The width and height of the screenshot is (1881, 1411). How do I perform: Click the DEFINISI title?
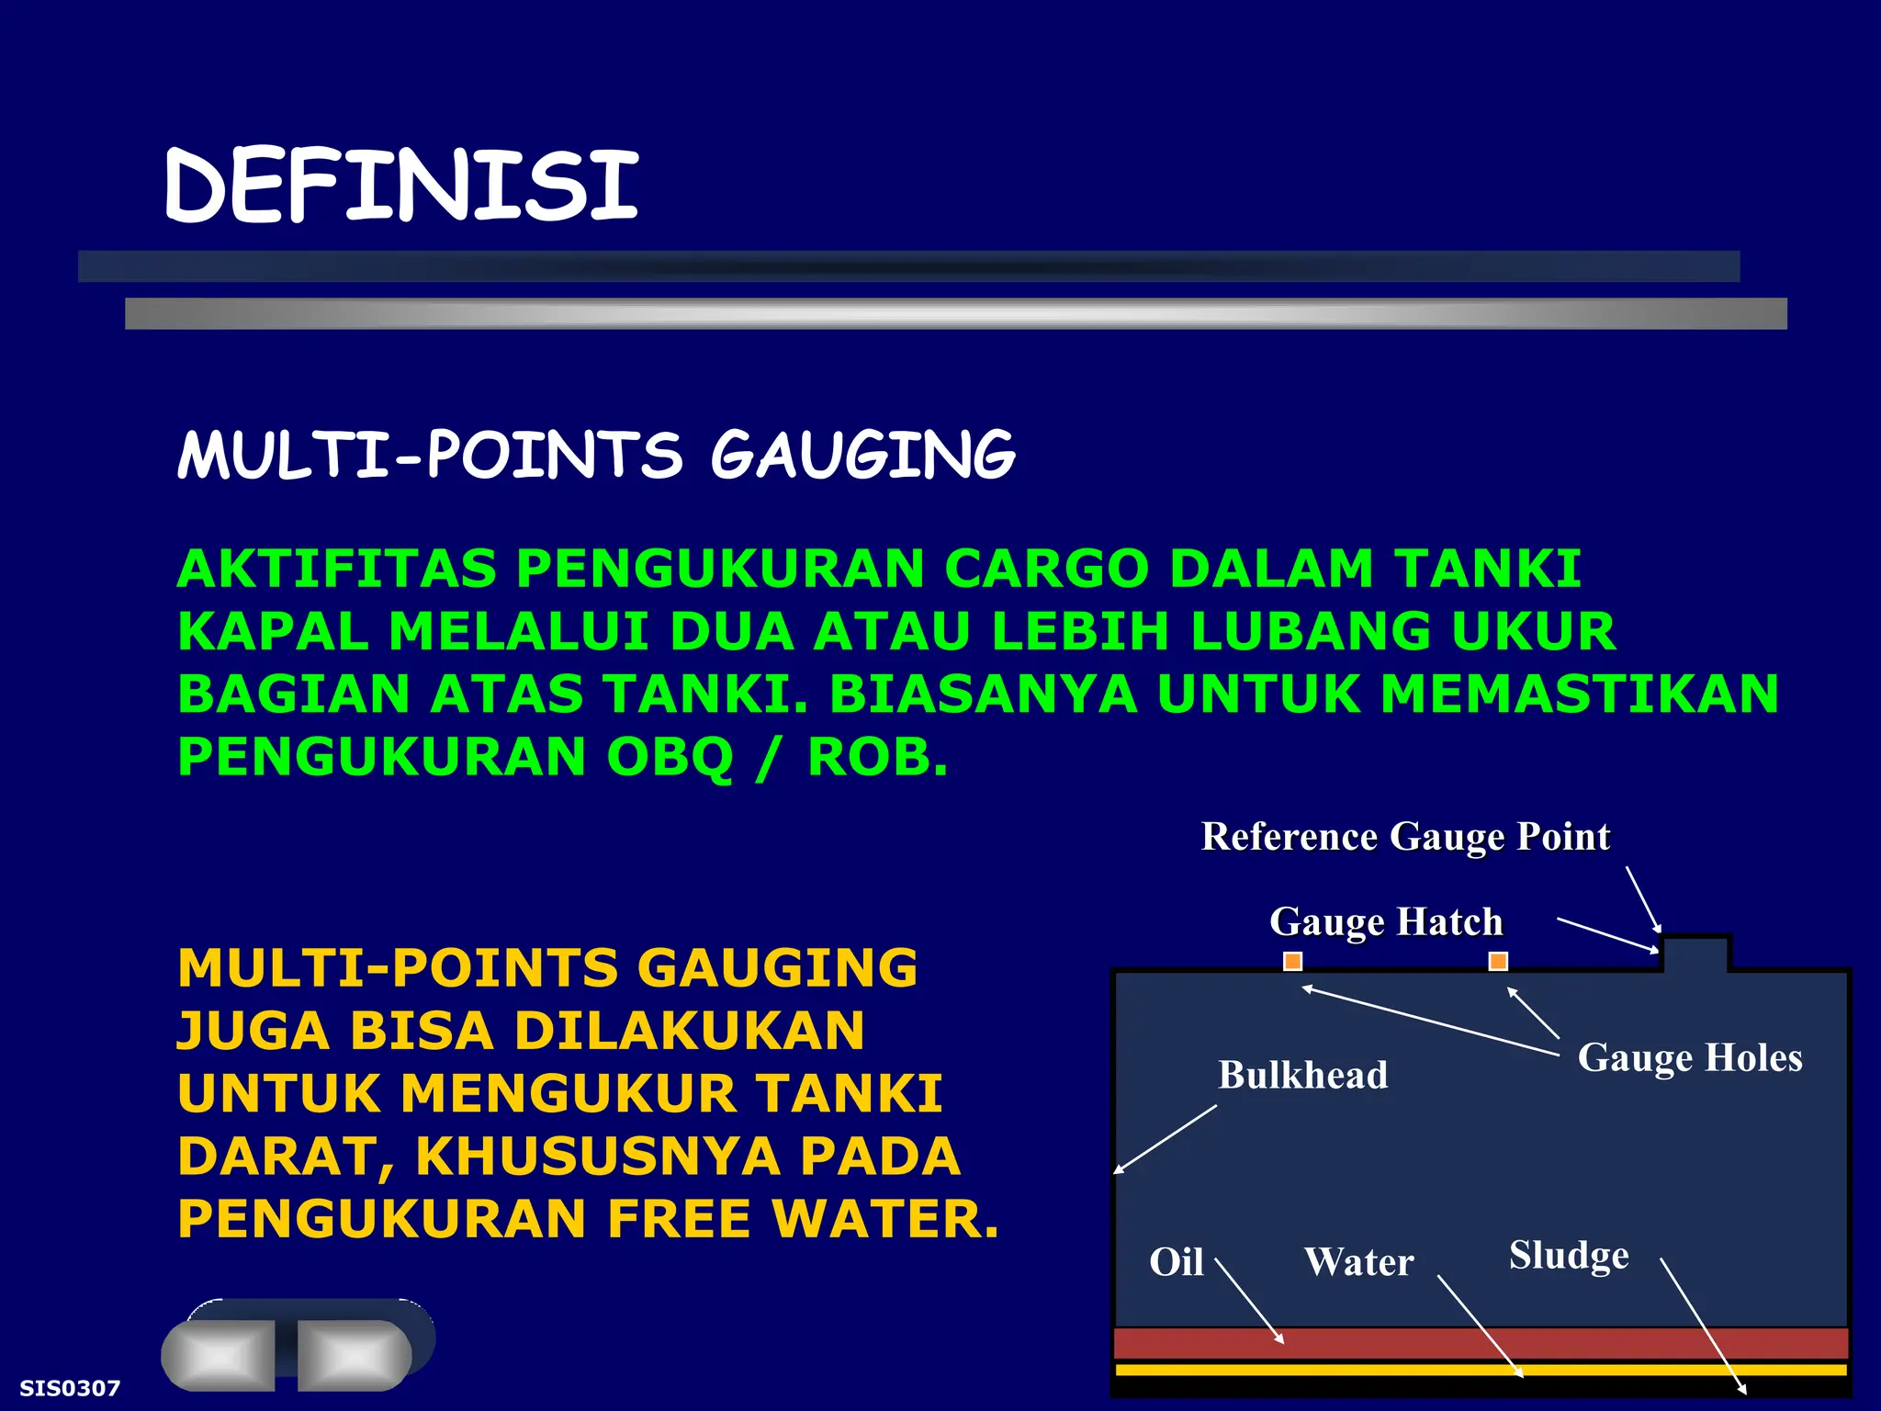(x=400, y=186)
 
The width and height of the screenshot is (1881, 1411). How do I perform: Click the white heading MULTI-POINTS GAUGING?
(x=596, y=455)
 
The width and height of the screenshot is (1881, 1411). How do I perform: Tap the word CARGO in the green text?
(x=1046, y=569)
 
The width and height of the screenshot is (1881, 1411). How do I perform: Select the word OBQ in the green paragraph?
(x=670, y=758)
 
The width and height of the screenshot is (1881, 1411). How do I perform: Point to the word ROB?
(x=875, y=758)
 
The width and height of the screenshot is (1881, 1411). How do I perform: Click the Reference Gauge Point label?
(x=1405, y=837)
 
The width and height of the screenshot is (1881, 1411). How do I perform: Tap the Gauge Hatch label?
(x=1385, y=921)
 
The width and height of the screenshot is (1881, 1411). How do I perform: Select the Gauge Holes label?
(x=1689, y=1057)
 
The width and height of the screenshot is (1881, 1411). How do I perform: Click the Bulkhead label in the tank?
(x=1302, y=1075)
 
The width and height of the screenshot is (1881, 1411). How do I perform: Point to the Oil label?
(x=1176, y=1262)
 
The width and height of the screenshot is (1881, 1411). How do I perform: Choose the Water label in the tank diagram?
(x=1358, y=1262)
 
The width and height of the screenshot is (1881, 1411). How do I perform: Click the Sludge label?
(x=1569, y=1255)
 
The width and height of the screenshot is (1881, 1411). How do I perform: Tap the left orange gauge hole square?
(x=1292, y=962)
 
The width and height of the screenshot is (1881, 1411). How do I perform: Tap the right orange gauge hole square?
(x=1498, y=962)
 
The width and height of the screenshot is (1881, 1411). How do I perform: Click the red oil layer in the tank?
(x=1480, y=1343)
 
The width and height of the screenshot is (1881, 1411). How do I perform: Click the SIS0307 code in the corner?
(x=70, y=1388)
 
